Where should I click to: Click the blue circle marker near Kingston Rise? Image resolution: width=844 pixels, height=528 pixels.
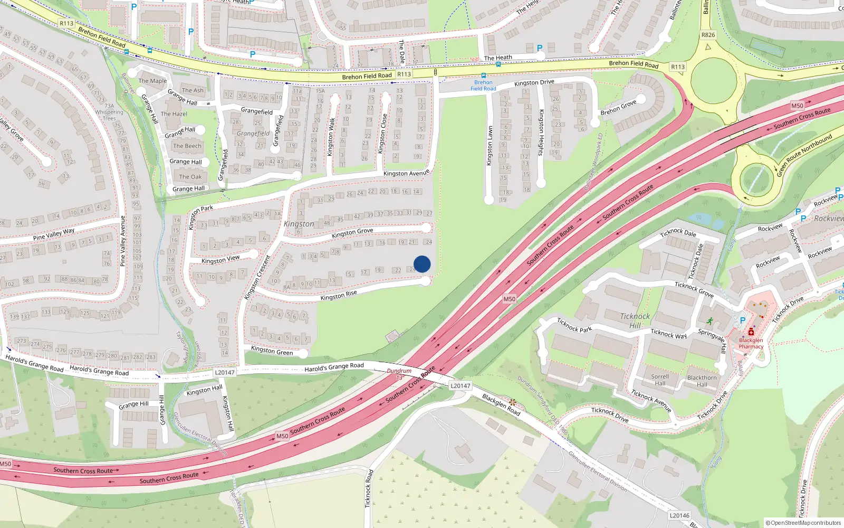(x=422, y=264)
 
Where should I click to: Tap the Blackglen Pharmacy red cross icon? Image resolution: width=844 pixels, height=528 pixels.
(x=751, y=332)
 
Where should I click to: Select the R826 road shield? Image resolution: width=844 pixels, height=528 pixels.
(x=708, y=35)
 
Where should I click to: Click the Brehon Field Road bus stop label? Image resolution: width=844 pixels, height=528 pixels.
(x=483, y=86)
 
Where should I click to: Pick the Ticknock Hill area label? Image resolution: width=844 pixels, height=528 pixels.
(x=635, y=320)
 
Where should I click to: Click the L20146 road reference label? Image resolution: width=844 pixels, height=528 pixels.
(x=679, y=515)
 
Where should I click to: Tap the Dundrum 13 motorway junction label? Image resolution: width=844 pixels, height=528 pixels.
(x=399, y=374)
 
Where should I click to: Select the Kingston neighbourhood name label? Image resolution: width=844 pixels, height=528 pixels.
(x=299, y=224)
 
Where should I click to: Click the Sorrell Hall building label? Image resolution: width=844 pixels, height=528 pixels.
(x=660, y=380)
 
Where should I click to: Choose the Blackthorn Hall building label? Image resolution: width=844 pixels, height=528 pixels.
(x=702, y=381)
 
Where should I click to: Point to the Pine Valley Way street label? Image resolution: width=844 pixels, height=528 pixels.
(x=54, y=234)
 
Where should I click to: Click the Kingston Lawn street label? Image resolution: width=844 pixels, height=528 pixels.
(x=490, y=145)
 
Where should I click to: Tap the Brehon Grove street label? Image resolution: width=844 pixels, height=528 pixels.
(x=618, y=108)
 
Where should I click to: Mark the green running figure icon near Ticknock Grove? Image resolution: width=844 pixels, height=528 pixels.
(x=711, y=320)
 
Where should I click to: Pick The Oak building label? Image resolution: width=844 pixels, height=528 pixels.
(x=190, y=177)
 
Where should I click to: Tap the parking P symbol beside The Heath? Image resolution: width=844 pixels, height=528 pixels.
(x=539, y=48)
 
